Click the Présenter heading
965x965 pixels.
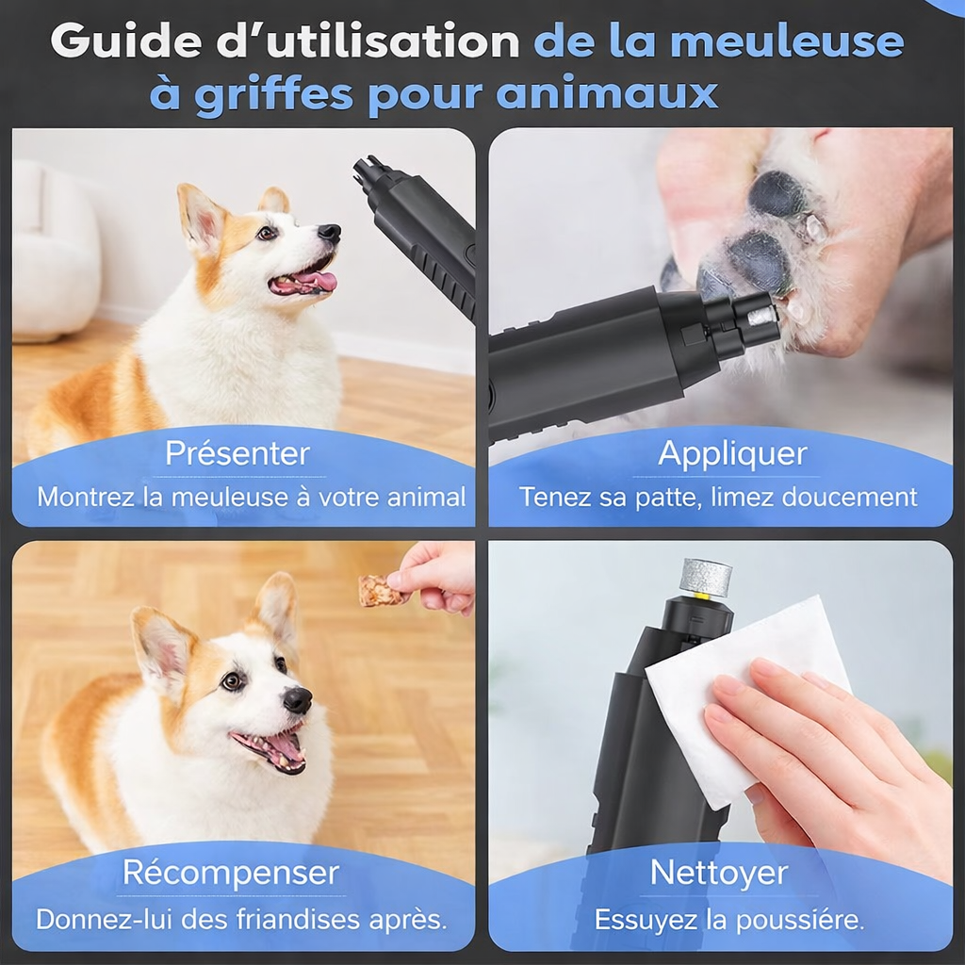237,453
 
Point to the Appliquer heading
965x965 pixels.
732,453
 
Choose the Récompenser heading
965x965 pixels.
230,873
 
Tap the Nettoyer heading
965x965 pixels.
719,873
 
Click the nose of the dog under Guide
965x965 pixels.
329,233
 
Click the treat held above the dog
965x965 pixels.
379,591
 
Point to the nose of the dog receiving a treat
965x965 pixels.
298,699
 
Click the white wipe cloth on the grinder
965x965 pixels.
744,688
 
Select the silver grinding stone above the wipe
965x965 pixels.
706,577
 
